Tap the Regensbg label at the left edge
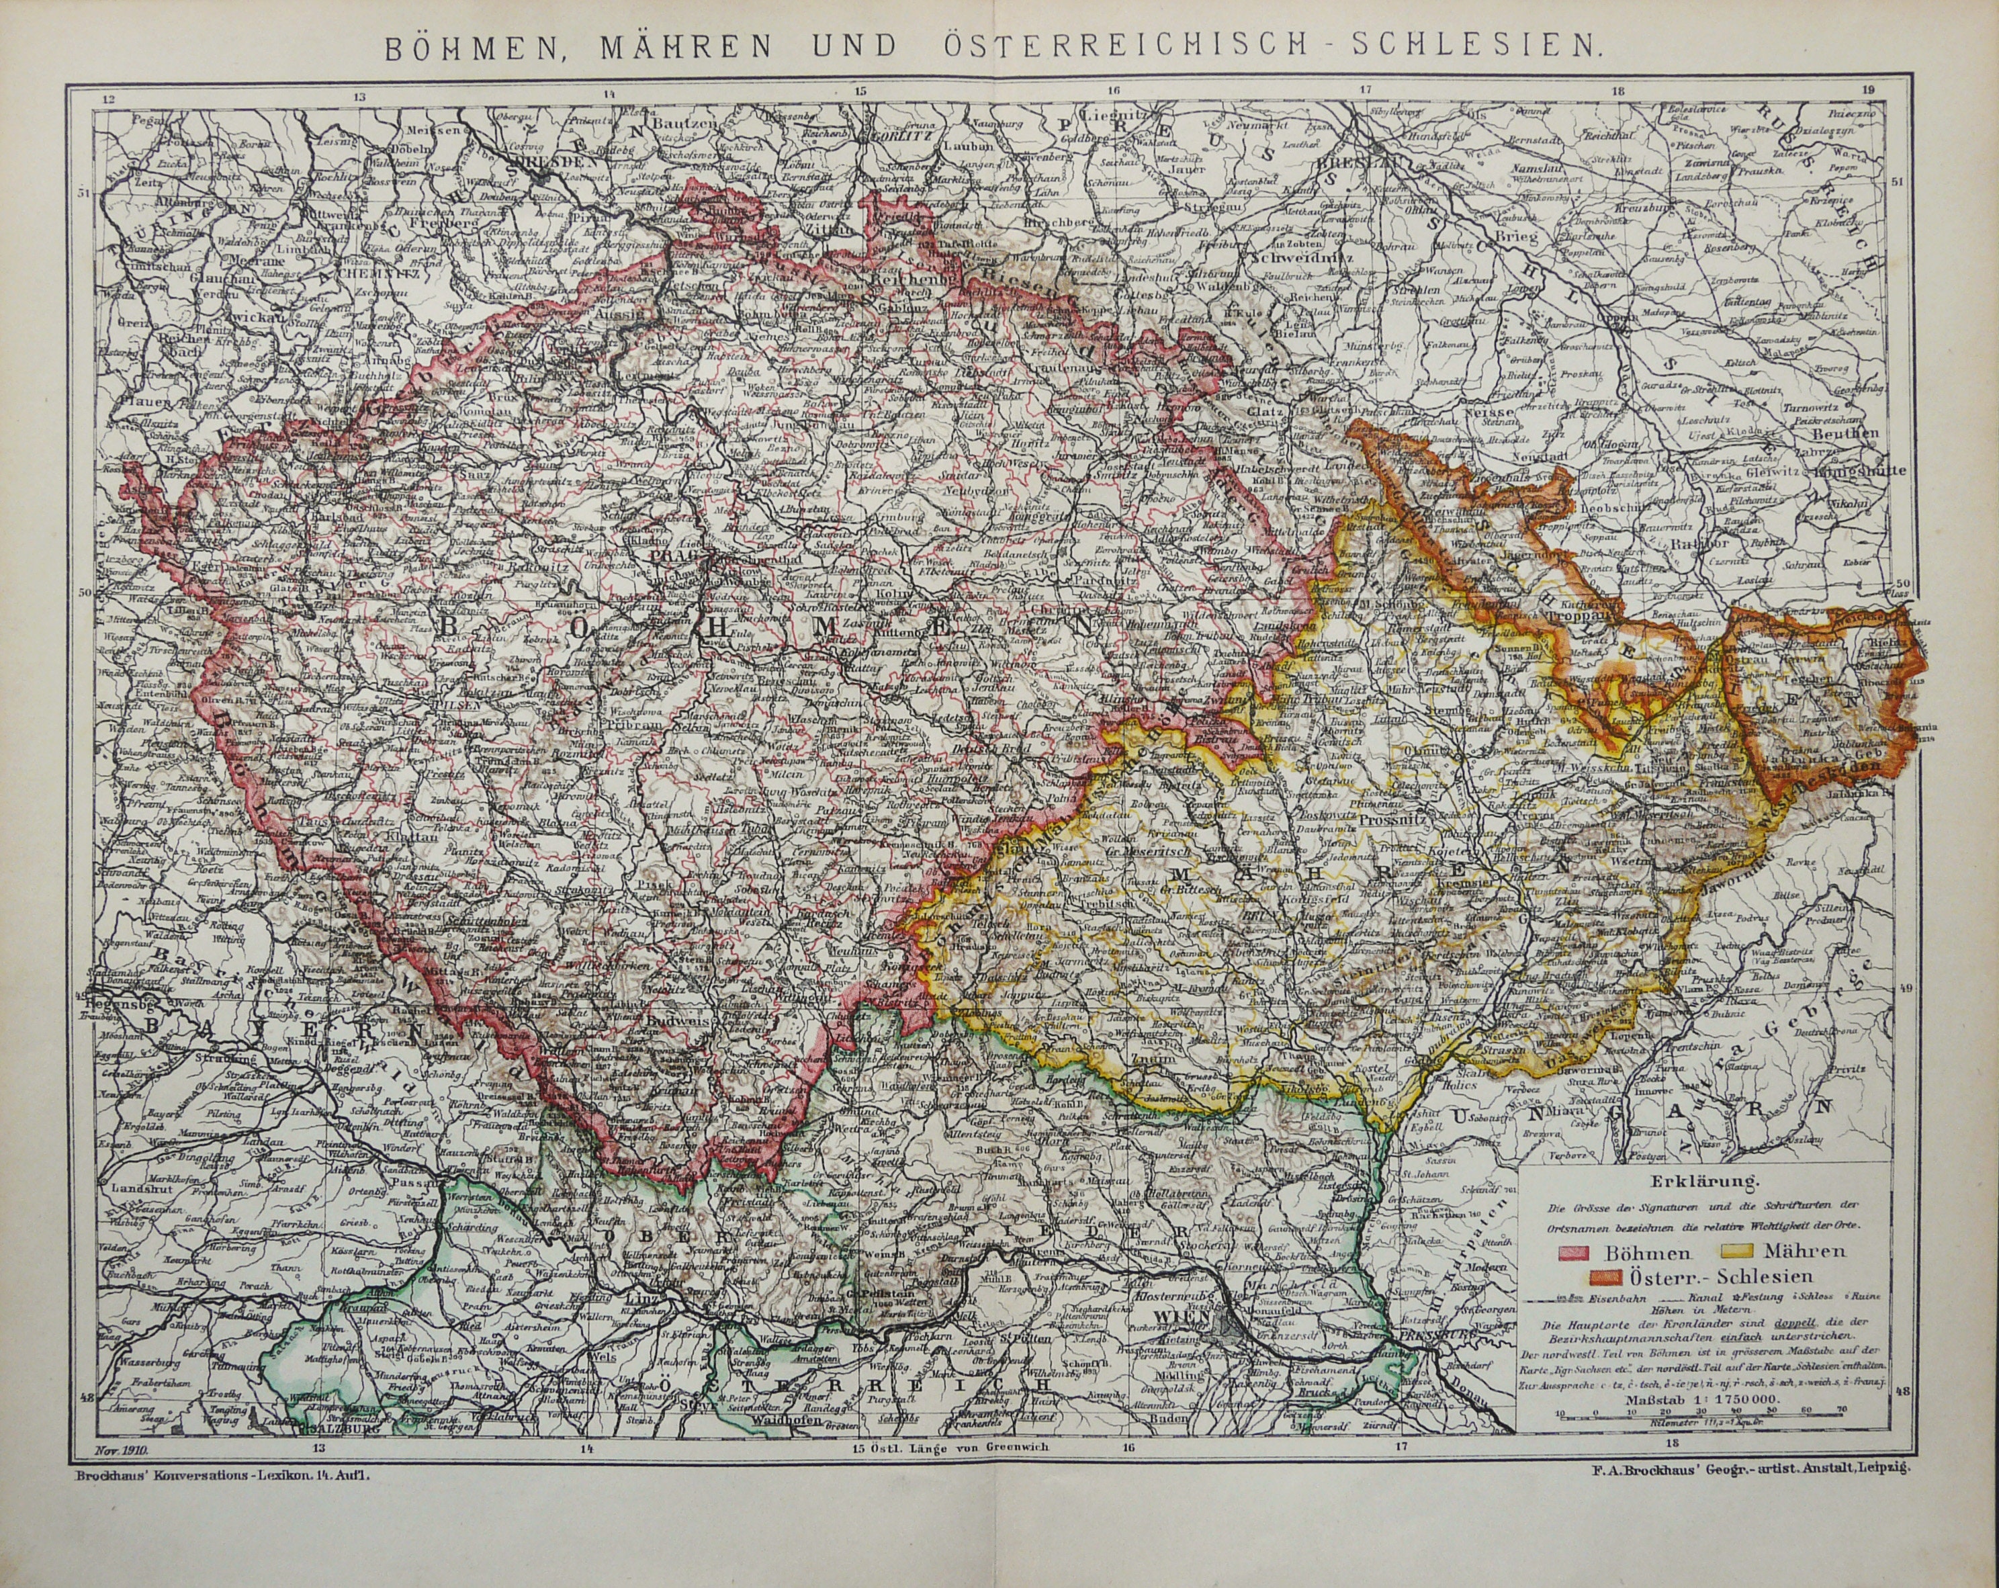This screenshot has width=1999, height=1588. [x=114, y=1003]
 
